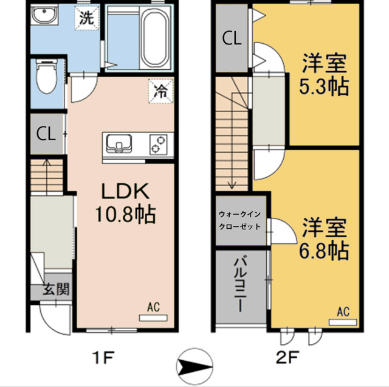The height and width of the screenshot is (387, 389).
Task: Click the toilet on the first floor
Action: click(47, 76)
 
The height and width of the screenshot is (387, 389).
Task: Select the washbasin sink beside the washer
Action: click(44, 15)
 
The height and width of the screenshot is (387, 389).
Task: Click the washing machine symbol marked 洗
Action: click(87, 18)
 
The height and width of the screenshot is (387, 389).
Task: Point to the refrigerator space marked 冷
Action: click(160, 91)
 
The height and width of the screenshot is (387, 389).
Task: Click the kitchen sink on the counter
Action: click(119, 144)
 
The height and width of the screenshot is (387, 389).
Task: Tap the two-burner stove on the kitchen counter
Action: click(158, 144)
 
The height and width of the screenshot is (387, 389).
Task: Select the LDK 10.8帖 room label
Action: click(125, 203)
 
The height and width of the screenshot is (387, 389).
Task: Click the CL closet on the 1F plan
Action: click(46, 134)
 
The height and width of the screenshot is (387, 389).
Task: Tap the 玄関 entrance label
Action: click(56, 289)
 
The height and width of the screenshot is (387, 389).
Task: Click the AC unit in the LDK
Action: click(153, 318)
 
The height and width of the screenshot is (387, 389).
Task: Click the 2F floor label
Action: click(287, 357)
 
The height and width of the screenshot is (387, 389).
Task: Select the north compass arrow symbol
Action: click(194, 366)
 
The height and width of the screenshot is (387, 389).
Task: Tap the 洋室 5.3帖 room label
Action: click(324, 74)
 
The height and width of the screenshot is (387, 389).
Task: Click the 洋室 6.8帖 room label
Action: click(324, 239)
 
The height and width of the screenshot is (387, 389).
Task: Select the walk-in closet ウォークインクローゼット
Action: click(239, 220)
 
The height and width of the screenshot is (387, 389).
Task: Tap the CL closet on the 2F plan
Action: click(232, 38)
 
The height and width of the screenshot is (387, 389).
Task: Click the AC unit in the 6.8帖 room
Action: click(343, 322)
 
